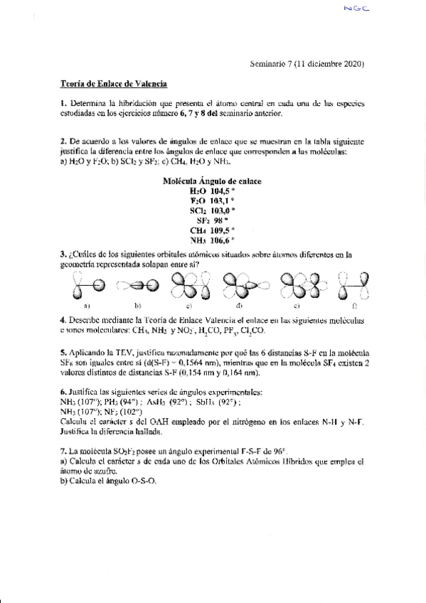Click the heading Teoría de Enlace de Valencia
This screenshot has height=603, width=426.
(113, 85)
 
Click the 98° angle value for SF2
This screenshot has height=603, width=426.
(225, 220)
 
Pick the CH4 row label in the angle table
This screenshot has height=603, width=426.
(198, 230)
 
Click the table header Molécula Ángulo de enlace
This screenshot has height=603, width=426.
(212, 181)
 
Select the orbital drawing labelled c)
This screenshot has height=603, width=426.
(188, 287)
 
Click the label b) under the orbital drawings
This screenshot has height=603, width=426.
(137, 306)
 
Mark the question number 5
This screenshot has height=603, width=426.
(63, 351)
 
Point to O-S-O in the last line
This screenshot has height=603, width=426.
(138, 481)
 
